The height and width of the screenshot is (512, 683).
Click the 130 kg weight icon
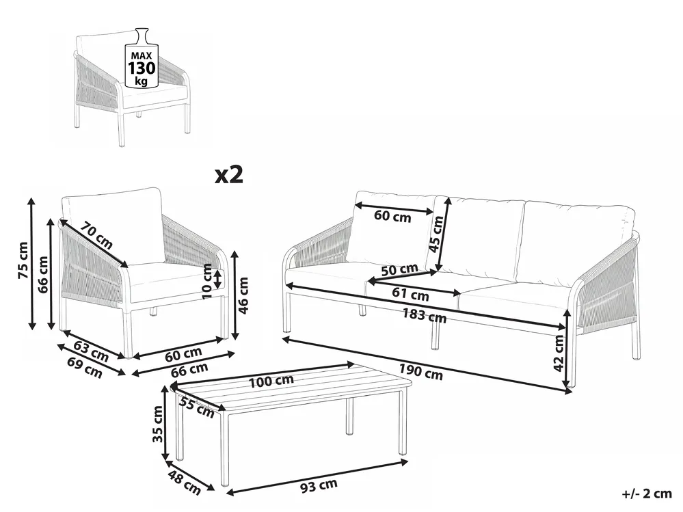[141, 57]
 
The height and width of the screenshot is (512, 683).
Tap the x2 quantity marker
[229, 174]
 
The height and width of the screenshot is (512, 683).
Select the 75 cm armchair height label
[23, 260]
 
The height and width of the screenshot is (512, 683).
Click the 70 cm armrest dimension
[98, 238]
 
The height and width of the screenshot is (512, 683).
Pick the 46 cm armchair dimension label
[243, 295]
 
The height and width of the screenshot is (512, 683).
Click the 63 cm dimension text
[91, 351]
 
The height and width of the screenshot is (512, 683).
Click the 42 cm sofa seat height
[559, 353]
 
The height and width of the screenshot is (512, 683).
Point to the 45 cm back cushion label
[436, 234]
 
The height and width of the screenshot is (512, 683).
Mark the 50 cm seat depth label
[399, 269]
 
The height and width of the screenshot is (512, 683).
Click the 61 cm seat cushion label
[410, 294]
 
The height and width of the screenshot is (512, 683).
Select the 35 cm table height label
[158, 424]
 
